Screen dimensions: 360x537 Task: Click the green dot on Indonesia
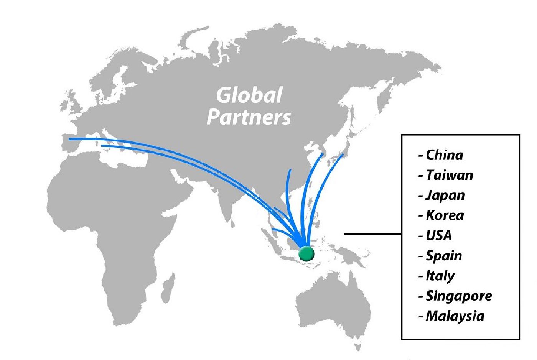coord(306,253)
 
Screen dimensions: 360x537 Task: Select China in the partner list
coord(444,155)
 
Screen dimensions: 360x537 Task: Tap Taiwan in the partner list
coord(449,175)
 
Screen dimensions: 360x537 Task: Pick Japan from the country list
coord(445,195)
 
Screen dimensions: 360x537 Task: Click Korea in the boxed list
coord(445,215)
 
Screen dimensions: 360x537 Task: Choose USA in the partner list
coord(439,235)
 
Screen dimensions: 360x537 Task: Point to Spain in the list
coord(444,256)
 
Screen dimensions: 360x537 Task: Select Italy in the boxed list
coord(440,276)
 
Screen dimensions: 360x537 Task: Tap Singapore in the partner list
coord(458,296)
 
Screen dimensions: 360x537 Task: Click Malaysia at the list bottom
coord(455,316)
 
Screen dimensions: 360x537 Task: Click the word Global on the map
coord(249,95)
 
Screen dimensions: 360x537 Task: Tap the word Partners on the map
coord(249,117)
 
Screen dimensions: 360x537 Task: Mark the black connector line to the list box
coord(372,233)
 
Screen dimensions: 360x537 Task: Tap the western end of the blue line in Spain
coord(70,139)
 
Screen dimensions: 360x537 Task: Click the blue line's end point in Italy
coord(102,146)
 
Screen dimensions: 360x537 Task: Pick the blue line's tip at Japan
coord(342,155)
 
